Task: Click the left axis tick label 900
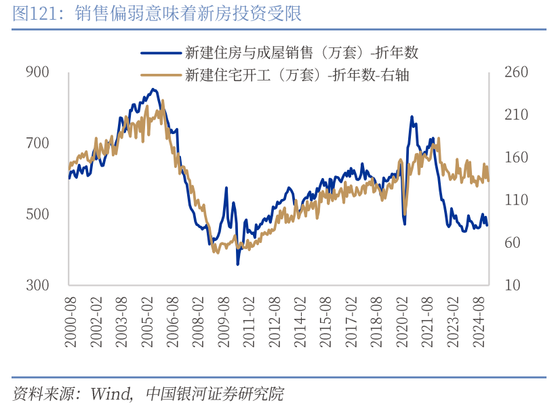coord(38,72)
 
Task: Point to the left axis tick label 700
coord(38,143)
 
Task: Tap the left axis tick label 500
coord(38,214)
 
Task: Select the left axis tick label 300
coord(38,285)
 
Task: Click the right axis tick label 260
coord(516,72)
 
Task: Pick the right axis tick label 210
coord(516,114)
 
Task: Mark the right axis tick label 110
coord(516,200)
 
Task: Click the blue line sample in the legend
coord(160,52)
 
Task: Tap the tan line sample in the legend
coord(160,75)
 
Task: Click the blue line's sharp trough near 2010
coord(237,263)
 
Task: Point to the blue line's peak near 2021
coord(412,116)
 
